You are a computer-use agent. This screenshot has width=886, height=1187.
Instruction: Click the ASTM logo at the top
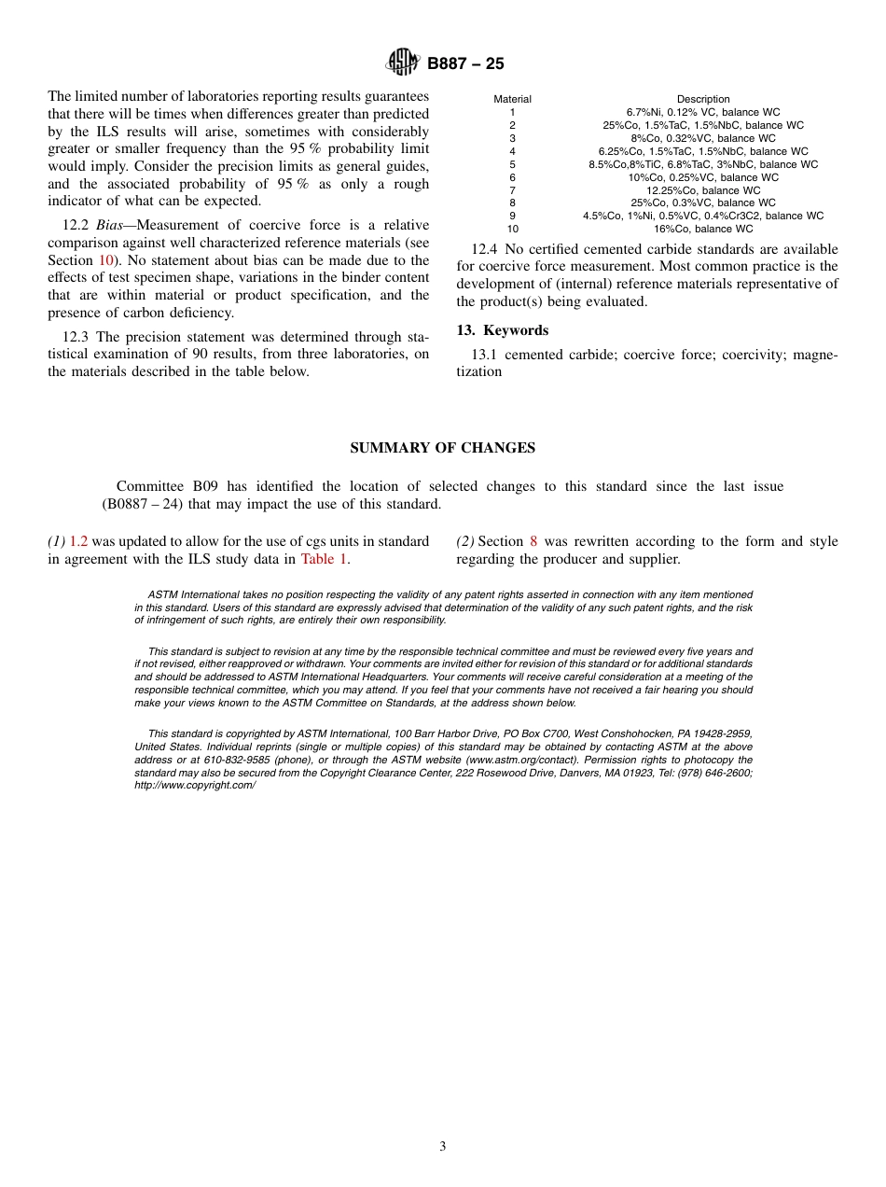[404, 63]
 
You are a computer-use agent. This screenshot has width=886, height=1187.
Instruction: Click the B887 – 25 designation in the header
[465, 64]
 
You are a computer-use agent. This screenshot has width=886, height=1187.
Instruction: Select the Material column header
[512, 99]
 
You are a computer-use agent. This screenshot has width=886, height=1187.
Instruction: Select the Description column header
[703, 99]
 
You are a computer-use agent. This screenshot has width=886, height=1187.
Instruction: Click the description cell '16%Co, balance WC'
[703, 229]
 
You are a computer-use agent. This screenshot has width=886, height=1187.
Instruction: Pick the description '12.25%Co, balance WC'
[703, 190]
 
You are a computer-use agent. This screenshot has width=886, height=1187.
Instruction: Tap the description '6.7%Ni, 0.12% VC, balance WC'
[703, 112]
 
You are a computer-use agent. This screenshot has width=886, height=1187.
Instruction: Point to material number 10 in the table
[512, 229]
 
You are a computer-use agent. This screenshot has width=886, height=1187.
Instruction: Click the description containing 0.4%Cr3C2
[703, 216]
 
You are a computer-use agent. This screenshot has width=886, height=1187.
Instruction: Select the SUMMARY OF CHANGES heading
[442, 448]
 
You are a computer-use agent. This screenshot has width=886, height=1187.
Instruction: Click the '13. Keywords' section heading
[502, 330]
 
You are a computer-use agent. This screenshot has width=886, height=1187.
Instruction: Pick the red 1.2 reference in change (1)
[78, 541]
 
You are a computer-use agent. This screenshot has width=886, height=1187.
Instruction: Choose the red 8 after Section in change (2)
[533, 541]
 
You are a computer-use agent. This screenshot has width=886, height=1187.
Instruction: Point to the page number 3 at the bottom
[442, 1147]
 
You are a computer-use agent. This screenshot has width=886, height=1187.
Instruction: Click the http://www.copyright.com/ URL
[195, 786]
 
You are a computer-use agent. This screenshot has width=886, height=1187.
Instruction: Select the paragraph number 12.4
[484, 249]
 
